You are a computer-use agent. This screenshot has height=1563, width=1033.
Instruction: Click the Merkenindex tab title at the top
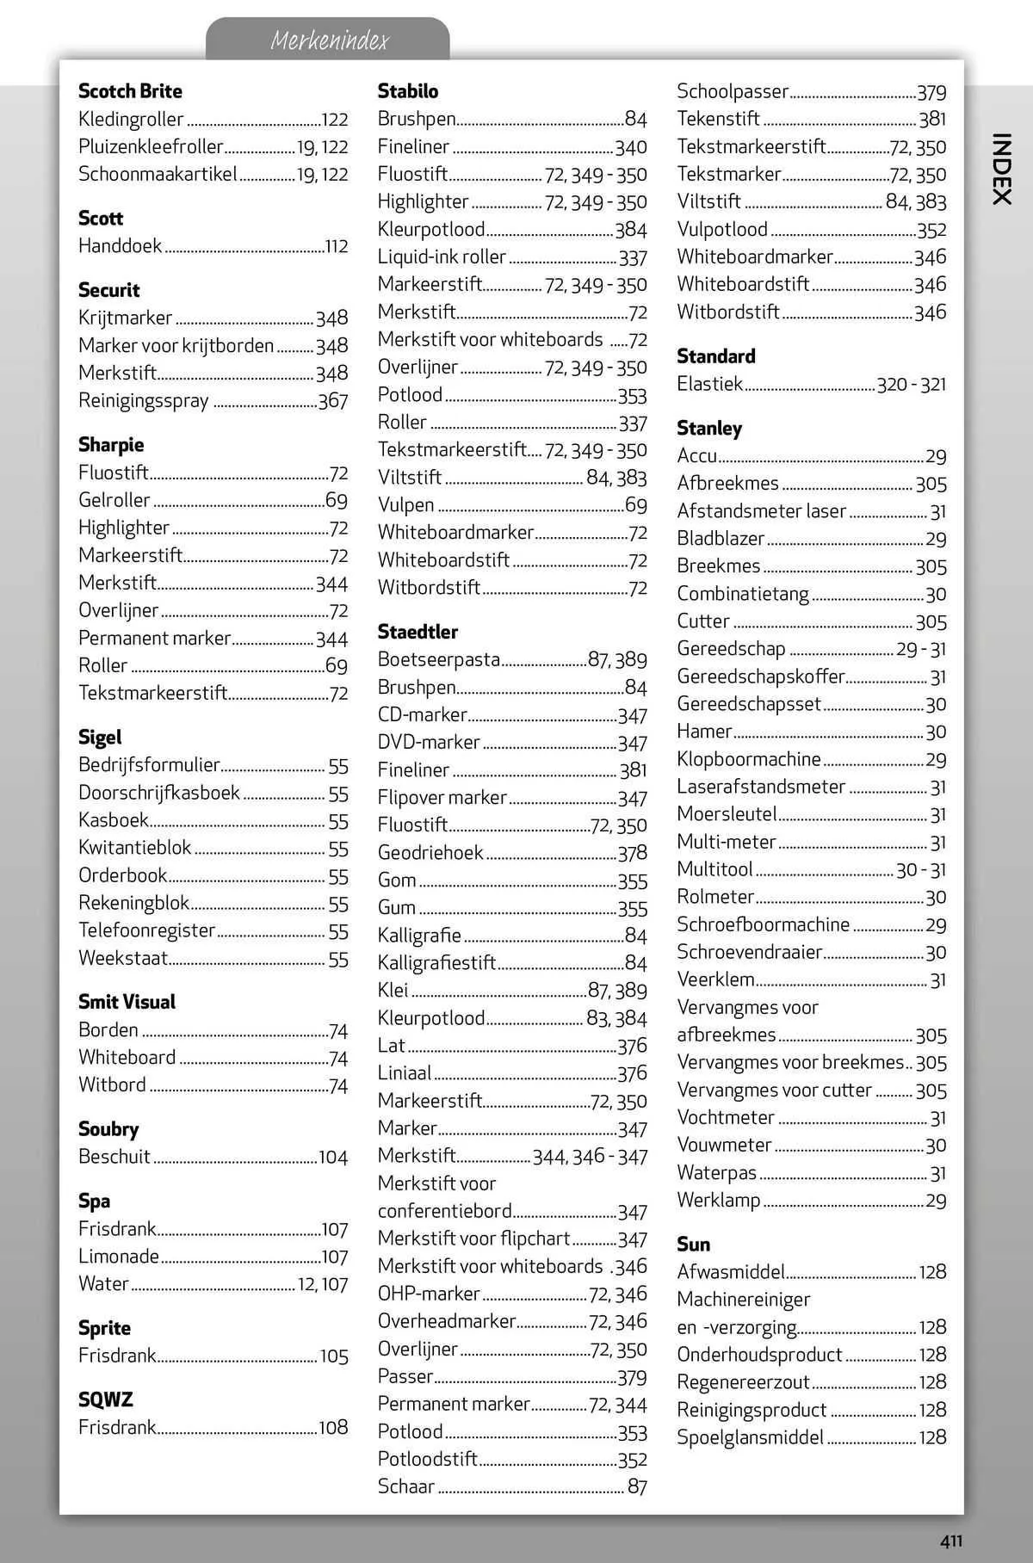[x=329, y=40]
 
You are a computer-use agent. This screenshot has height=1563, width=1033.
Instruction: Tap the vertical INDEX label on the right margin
[x=1000, y=168]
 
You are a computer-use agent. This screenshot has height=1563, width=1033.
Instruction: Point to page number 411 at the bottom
[x=950, y=1541]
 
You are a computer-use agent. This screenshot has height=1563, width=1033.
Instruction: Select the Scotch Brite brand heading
[x=130, y=91]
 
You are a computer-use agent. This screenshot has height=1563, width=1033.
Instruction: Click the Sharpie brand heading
[x=111, y=445]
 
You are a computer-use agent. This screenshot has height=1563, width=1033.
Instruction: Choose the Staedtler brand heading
[x=418, y=632]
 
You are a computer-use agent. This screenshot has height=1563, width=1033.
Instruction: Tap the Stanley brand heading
[x=708, y=429]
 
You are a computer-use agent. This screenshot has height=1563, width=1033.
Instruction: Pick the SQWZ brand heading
[x=105, y=1400]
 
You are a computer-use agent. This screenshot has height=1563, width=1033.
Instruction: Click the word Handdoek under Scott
[x=120, y=246]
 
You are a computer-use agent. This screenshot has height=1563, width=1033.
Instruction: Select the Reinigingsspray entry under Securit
[x=144, y=401]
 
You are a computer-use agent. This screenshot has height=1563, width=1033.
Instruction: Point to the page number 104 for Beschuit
[x=333, y=1158]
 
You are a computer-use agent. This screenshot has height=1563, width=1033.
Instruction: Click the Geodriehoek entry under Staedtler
[x=430, y=853]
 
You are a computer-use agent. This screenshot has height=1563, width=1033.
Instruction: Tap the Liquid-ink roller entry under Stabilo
[x=442, y=257]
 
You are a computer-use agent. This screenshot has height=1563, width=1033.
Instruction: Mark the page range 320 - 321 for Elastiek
[x=911, y=385]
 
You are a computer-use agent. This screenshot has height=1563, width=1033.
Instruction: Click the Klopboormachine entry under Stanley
[x=749, y=759]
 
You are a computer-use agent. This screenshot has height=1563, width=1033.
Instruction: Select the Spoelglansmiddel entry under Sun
[x=751, y=1437]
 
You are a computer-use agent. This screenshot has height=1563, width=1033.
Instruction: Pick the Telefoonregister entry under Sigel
[x=147, y=930]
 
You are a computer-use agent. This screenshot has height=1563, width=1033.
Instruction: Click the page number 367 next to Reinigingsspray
[x=333, y=401]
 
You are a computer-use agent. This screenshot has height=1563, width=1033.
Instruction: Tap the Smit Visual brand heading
[x=127, y=1002]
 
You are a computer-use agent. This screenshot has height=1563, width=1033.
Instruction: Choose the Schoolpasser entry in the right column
[x=733, y=92]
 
